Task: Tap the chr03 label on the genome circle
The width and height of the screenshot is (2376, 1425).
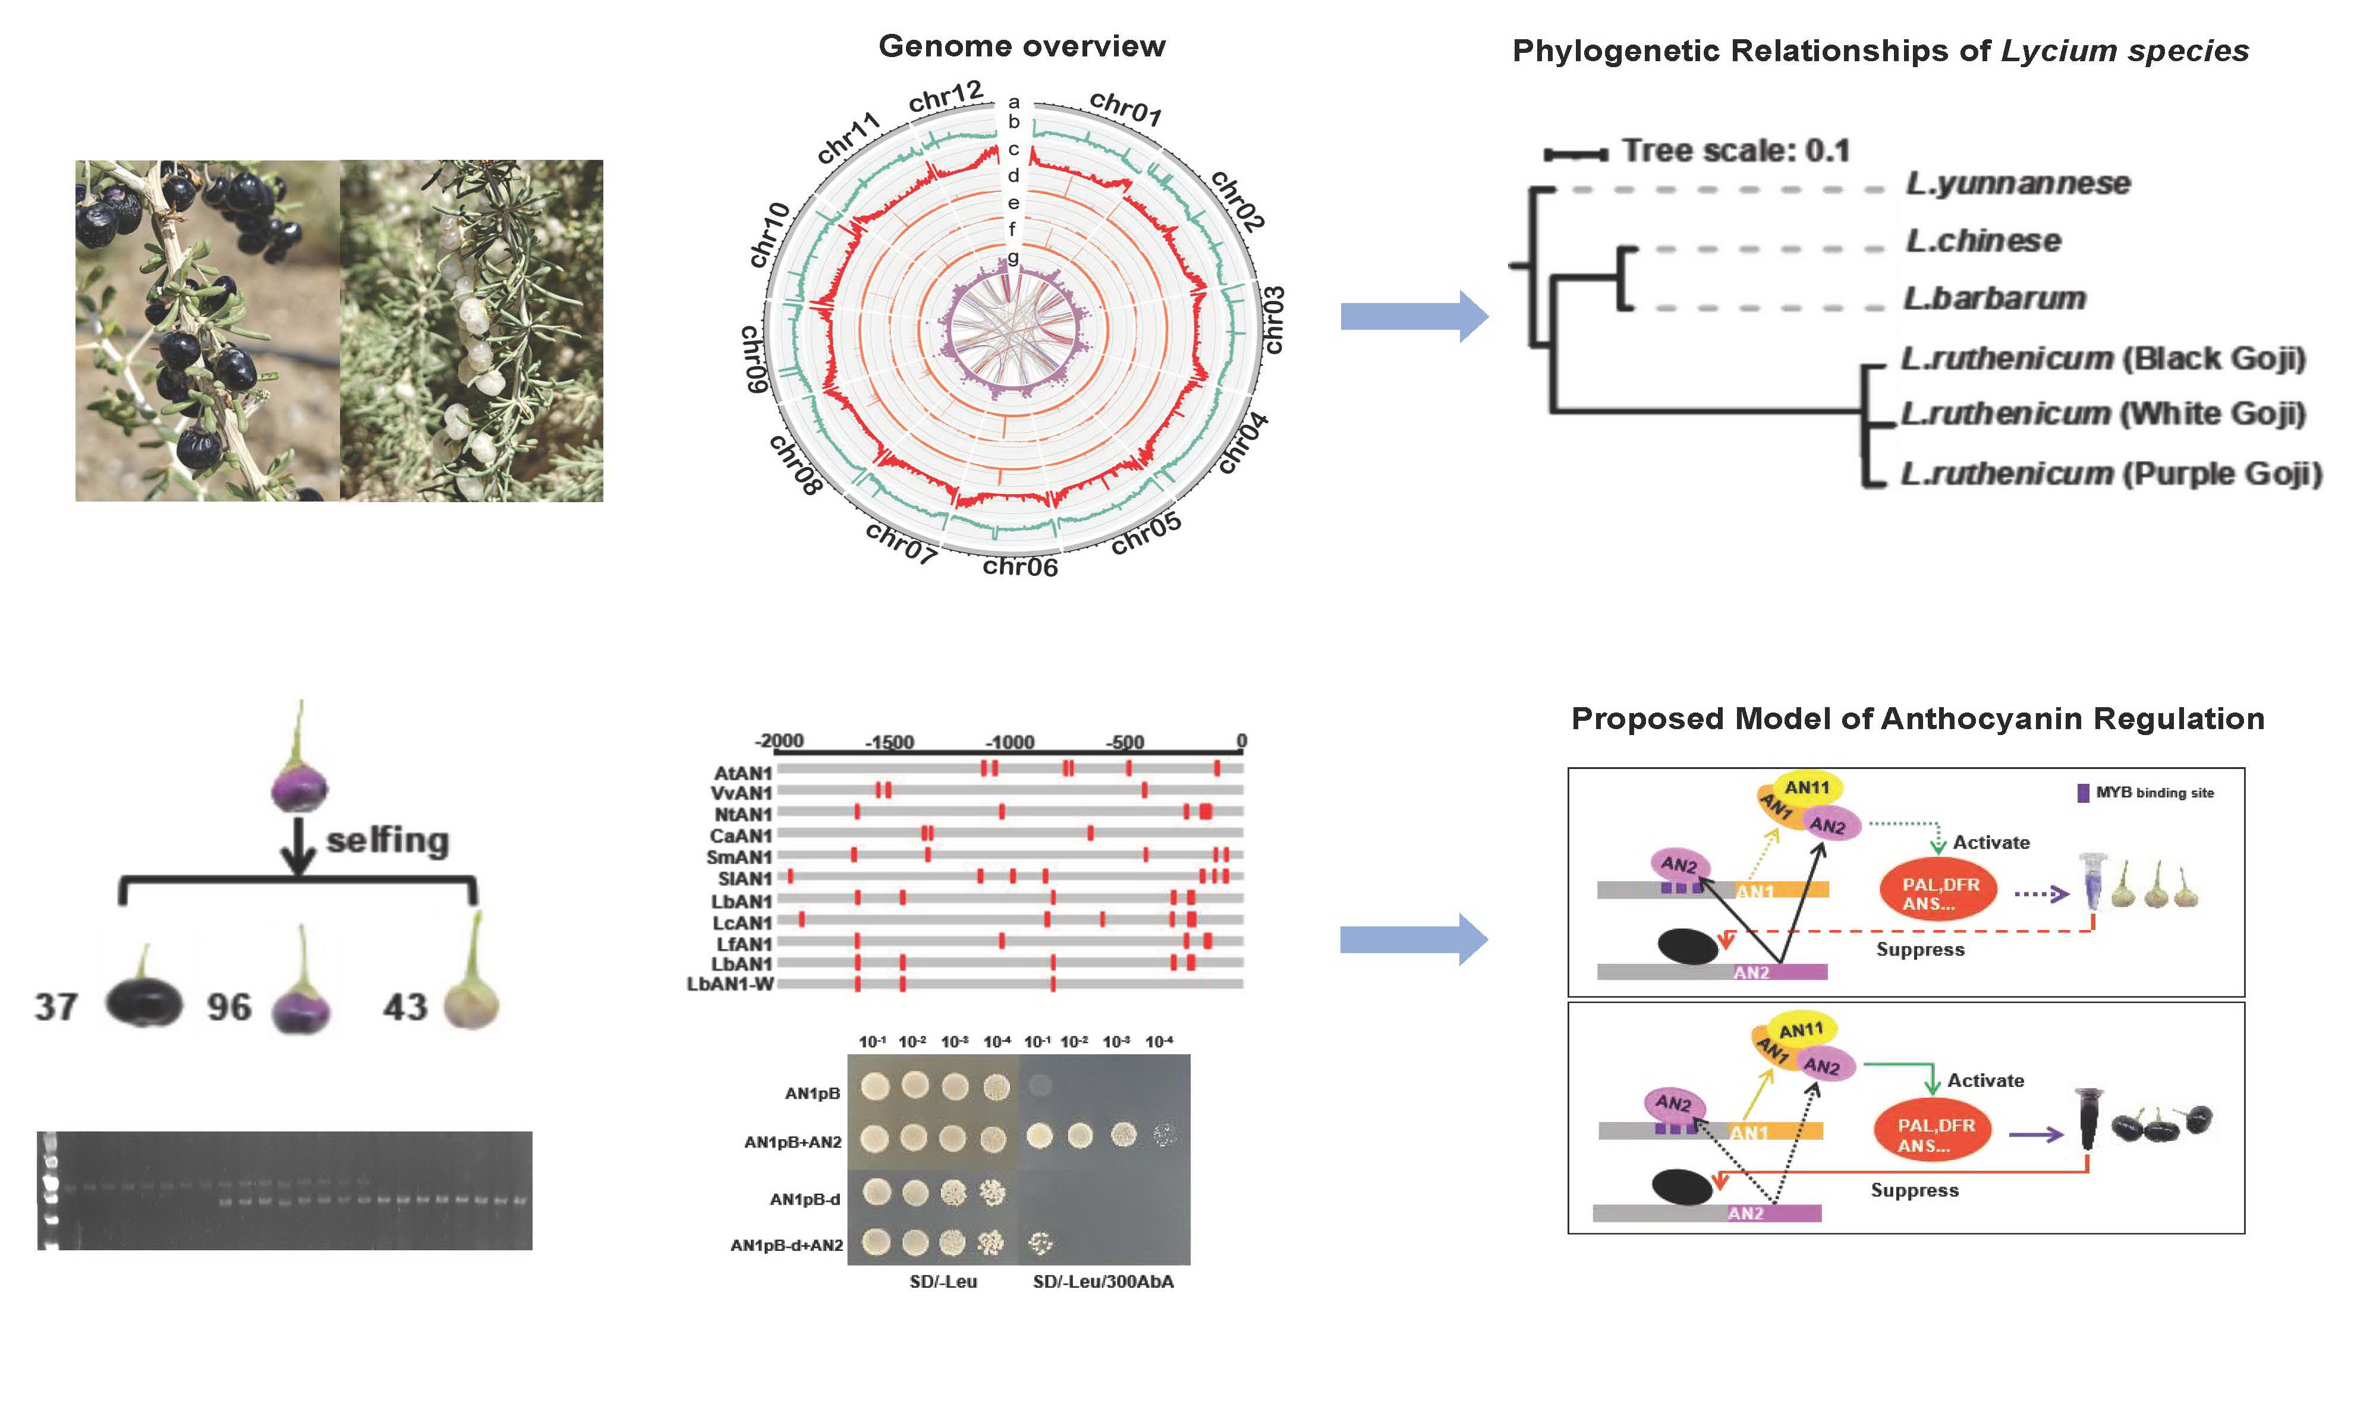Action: [x=1273, y=320]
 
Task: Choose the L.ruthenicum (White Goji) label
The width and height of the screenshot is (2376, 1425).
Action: [x=2103, y=414]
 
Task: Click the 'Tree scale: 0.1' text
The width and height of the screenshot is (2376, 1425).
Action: [x=1735, y=151]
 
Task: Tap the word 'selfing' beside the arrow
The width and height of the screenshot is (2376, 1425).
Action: [x=387, y=840]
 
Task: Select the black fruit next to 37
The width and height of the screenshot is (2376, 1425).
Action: [x=143, y=1002]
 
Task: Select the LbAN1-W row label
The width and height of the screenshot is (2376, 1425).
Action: [x=730, y=984]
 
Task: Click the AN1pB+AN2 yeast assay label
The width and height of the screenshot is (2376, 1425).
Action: [x=792, y=1142]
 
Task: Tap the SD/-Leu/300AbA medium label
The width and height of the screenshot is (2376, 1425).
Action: [x=1103, y=1282]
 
